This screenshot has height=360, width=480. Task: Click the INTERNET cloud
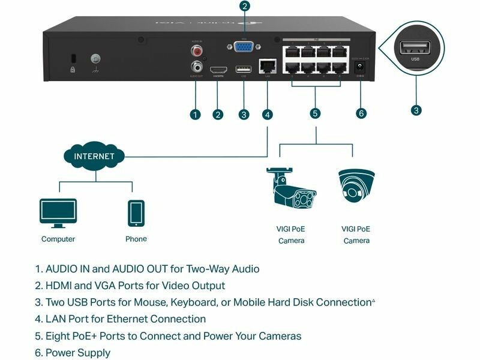[94, 156]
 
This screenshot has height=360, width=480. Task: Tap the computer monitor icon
[58, 213]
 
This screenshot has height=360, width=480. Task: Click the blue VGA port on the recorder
[244, 47]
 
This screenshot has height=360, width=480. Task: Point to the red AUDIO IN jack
[195, 51]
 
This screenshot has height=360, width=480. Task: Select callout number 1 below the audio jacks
[195, 114]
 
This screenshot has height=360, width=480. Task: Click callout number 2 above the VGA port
[244, 7]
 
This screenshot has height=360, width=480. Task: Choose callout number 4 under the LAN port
[267, 114]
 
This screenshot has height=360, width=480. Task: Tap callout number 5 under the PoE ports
[316, 113]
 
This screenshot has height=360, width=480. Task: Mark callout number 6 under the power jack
[361, 113]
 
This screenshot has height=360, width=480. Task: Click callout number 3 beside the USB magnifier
[416, 110]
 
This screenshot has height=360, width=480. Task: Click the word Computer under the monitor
[58, 239]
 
